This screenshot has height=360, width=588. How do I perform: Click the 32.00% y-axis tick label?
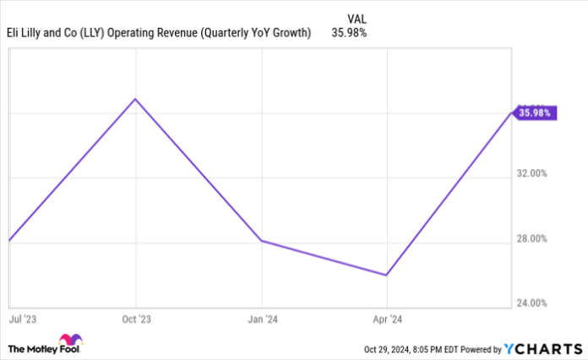[x=532, y=173]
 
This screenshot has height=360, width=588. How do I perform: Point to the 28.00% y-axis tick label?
[x=532, y=238]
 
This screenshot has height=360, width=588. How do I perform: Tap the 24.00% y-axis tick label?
[x=532, y=303]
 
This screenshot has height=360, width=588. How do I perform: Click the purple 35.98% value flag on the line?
[x=535, y=112]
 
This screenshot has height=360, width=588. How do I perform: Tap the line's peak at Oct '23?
[x=135, y=99]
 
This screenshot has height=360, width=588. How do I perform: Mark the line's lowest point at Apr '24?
[x=386, y=275]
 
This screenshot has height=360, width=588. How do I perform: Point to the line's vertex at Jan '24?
[x=262, y=241]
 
